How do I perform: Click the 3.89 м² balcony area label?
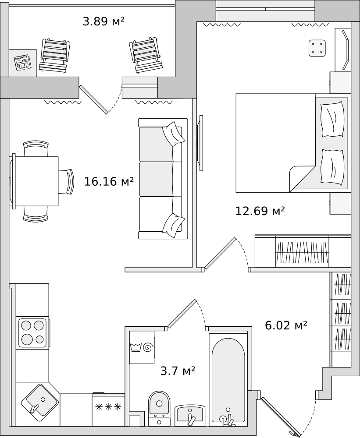click(x=103, y=21)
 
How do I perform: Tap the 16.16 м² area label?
click(x=109, y=182)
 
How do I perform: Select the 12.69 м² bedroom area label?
click(x=260, y=211)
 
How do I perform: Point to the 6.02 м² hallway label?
click(x=286, y=325)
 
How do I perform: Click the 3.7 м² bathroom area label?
click(x=178, y=371)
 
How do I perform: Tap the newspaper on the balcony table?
click(x=23, y=62)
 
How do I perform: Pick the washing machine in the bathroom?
click(x=142, y=347)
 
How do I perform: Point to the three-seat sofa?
click(x=163, y=179)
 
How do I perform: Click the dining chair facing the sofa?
click(x=67, y=182)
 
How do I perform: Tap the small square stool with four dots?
click(x=317, y=48)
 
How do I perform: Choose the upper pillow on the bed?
click(x=332, y=119)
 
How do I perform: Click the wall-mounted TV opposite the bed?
click(x=200, y=143)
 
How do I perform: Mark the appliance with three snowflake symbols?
click(x=109, y=410)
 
